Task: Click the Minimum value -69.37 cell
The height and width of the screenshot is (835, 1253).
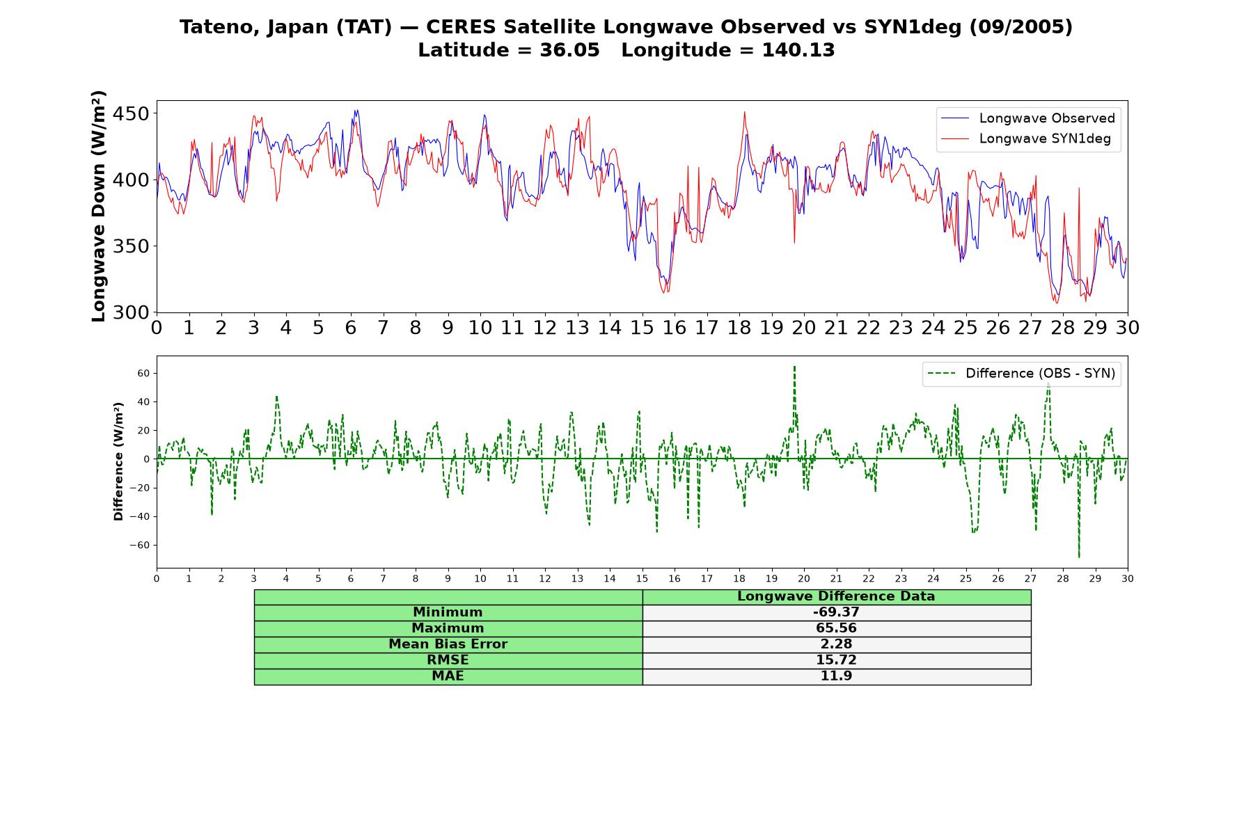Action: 836,612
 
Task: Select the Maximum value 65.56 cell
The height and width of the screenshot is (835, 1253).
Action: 836,628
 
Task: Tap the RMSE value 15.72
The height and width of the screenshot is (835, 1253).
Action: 836,660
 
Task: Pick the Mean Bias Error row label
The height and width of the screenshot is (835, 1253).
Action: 448,644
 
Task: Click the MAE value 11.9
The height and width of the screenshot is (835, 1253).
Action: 836,676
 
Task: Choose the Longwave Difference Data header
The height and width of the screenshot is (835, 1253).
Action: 836,596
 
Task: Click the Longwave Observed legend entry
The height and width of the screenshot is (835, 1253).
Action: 1028,118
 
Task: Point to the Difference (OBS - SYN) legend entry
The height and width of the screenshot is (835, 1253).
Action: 1022,374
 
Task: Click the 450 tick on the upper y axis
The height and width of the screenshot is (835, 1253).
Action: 131,113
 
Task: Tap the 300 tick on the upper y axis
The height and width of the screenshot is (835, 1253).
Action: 131,312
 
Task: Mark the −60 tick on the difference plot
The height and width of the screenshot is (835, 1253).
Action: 139,546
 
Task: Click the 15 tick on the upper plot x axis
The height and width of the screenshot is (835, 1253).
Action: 642,328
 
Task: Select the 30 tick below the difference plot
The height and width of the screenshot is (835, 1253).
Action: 1128,579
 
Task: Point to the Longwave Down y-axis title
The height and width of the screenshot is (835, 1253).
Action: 98,206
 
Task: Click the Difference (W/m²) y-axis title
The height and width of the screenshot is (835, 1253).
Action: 118,461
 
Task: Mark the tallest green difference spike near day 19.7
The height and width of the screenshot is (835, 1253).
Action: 794,367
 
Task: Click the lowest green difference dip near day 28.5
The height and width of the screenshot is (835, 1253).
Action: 1079,557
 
